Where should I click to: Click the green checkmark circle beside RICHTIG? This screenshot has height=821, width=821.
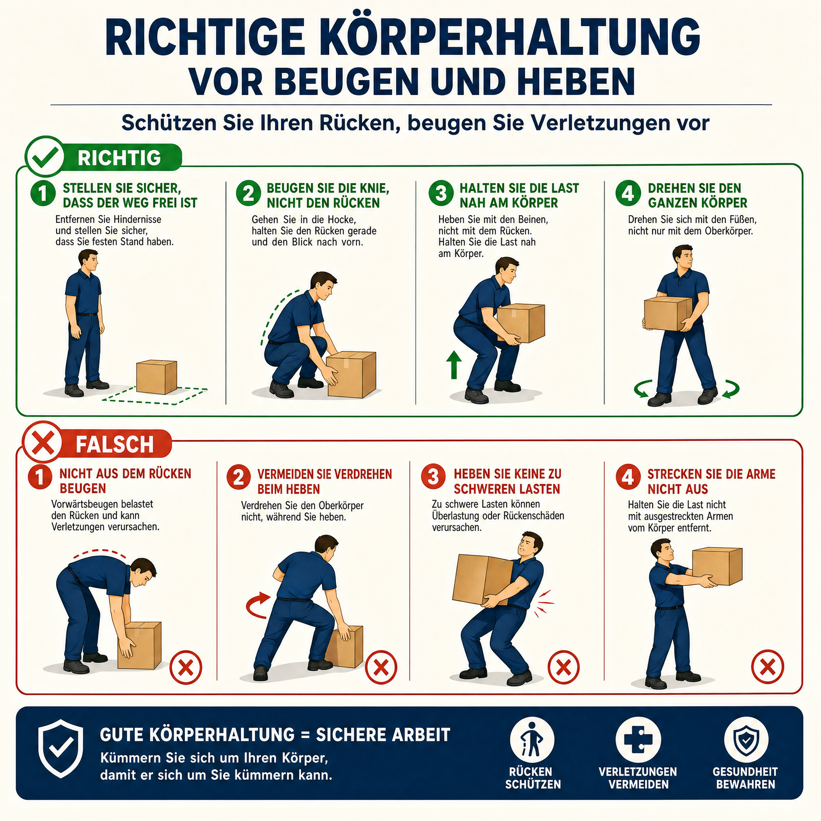(45, 157)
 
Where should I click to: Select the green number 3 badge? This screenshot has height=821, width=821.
(442, 194)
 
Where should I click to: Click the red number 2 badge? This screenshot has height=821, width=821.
(239, 478)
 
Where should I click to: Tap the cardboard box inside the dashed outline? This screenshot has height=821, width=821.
(157, 377)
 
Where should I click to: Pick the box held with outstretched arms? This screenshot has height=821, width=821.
(717, 566)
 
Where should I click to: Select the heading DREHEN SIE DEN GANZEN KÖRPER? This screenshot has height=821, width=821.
(697, 195)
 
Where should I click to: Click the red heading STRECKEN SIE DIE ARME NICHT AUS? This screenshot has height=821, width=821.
(711, 481)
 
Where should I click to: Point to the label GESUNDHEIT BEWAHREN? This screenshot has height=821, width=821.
(745, 789)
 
